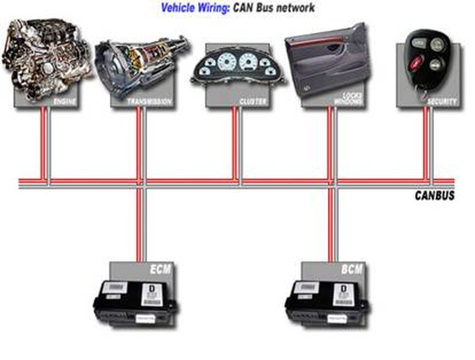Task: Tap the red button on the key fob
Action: (414, 62)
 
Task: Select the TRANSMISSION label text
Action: (150, 102)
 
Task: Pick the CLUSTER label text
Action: (253, 102)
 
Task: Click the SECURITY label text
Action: (442, 102)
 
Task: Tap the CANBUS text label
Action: (434, 196)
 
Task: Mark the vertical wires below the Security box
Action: (428, 144)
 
